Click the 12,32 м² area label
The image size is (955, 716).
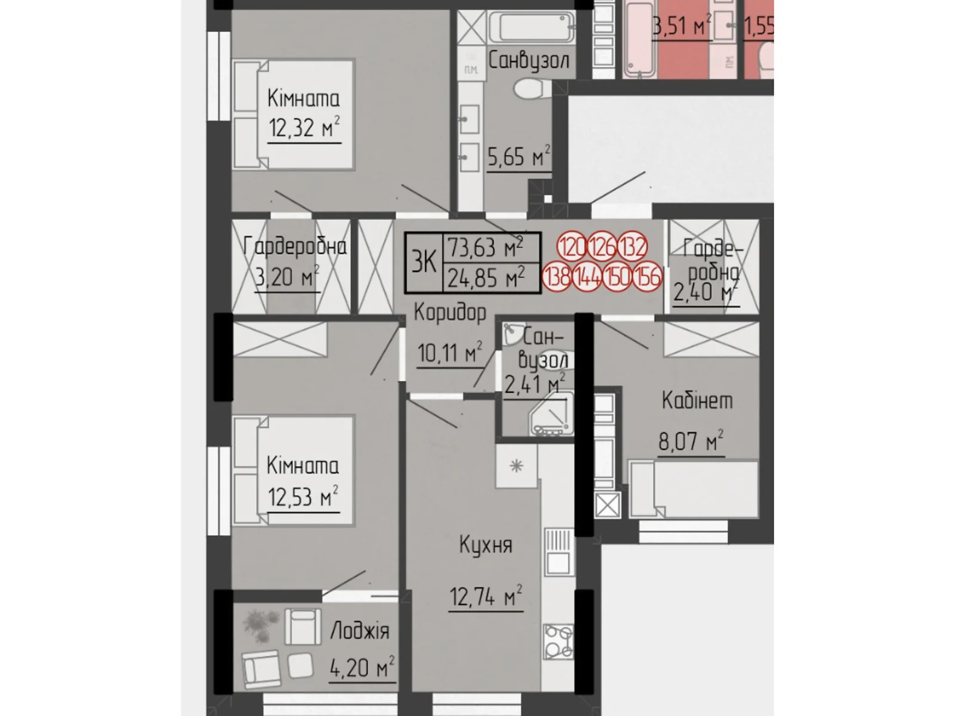304,128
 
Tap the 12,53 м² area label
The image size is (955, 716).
303,496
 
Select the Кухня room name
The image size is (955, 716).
485,545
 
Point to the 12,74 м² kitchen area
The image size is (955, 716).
485,596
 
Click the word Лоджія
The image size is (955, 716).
359,631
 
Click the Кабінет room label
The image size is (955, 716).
697,400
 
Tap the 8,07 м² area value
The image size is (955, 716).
691,442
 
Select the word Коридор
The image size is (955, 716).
449,312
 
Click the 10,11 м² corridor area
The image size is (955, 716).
449,353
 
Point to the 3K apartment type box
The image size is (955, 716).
424,263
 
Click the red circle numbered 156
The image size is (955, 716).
647,277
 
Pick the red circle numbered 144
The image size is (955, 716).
587,277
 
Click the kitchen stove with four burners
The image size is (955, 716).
558,642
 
